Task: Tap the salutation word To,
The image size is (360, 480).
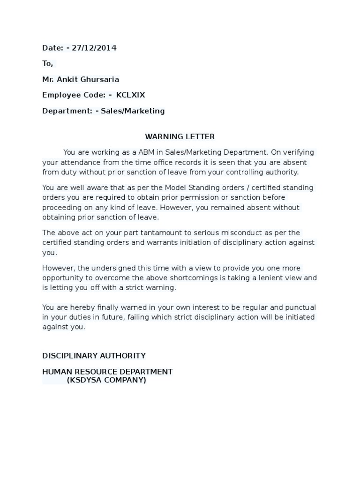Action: (x=48, y=63)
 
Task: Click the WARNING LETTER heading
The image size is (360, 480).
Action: (x=180, y=136)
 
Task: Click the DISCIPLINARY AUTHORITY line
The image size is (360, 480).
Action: (x=94, y=356)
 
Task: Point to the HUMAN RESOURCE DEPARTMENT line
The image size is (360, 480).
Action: (x=107, y=372)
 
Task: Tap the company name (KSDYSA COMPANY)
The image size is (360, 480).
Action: (x=106, y=380)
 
